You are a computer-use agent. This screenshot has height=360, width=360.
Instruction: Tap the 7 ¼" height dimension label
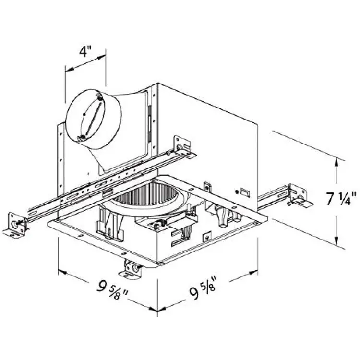click(x=341, y=199)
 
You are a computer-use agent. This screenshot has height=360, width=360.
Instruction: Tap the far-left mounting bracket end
click(x=15, y=225)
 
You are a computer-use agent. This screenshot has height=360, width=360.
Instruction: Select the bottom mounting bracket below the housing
click(x=130, y=269)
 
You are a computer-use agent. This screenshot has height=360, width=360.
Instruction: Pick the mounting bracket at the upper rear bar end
click(x=184, y=147)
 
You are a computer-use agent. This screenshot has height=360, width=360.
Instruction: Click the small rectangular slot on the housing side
click(x=245, y=192)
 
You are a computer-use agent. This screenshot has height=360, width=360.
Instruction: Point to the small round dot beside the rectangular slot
click(x=236, y=191)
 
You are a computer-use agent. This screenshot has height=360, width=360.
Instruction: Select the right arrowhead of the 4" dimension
click(x=101, y=58)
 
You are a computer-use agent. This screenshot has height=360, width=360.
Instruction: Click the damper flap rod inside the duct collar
click(x=93, y=119)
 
